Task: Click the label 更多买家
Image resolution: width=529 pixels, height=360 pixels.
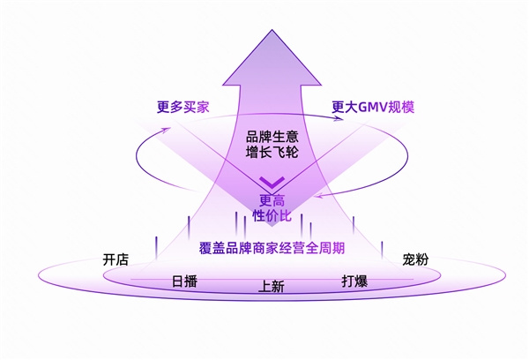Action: coord(183,108)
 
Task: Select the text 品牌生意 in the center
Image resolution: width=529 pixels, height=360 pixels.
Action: coord(273,136)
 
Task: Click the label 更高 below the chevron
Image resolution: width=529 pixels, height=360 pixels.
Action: coord(272,199)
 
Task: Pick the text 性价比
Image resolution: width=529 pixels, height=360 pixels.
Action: coord(272,215)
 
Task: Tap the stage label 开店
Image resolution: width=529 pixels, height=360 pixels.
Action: coord(115,259)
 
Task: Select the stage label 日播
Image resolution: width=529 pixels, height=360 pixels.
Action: coord(184,281)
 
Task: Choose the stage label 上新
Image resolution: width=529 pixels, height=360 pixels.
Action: coord(272,287)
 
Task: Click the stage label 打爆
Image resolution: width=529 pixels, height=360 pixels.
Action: coord(355,281)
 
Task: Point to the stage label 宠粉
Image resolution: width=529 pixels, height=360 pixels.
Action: coord(415,259)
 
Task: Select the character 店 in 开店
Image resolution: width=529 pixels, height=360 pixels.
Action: coord(123,259)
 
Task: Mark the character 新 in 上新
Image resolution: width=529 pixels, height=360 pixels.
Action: coord(279,287)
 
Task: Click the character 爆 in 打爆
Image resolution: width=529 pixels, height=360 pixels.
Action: coord(362,281)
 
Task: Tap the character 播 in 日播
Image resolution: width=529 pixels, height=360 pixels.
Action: coord(191,281)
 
